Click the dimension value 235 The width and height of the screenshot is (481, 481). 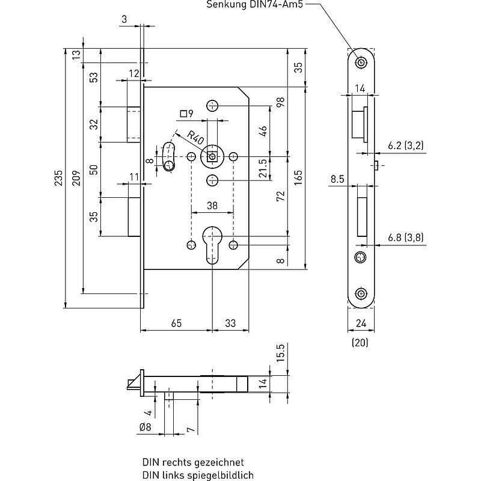click(58, 179)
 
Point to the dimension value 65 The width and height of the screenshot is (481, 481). click(176, 323)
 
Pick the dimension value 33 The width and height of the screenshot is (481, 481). click(230, 323)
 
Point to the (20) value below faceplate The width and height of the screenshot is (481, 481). click(360, 343)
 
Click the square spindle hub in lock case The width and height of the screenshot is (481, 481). click(212, 156)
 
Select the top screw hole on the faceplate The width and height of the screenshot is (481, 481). click(360, 63)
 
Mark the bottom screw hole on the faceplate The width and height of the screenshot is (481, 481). click(360, 293)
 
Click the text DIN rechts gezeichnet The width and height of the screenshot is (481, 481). click(192, 463)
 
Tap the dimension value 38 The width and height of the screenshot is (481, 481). click(212, 205)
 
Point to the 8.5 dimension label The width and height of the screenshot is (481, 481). click(337, 179)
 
